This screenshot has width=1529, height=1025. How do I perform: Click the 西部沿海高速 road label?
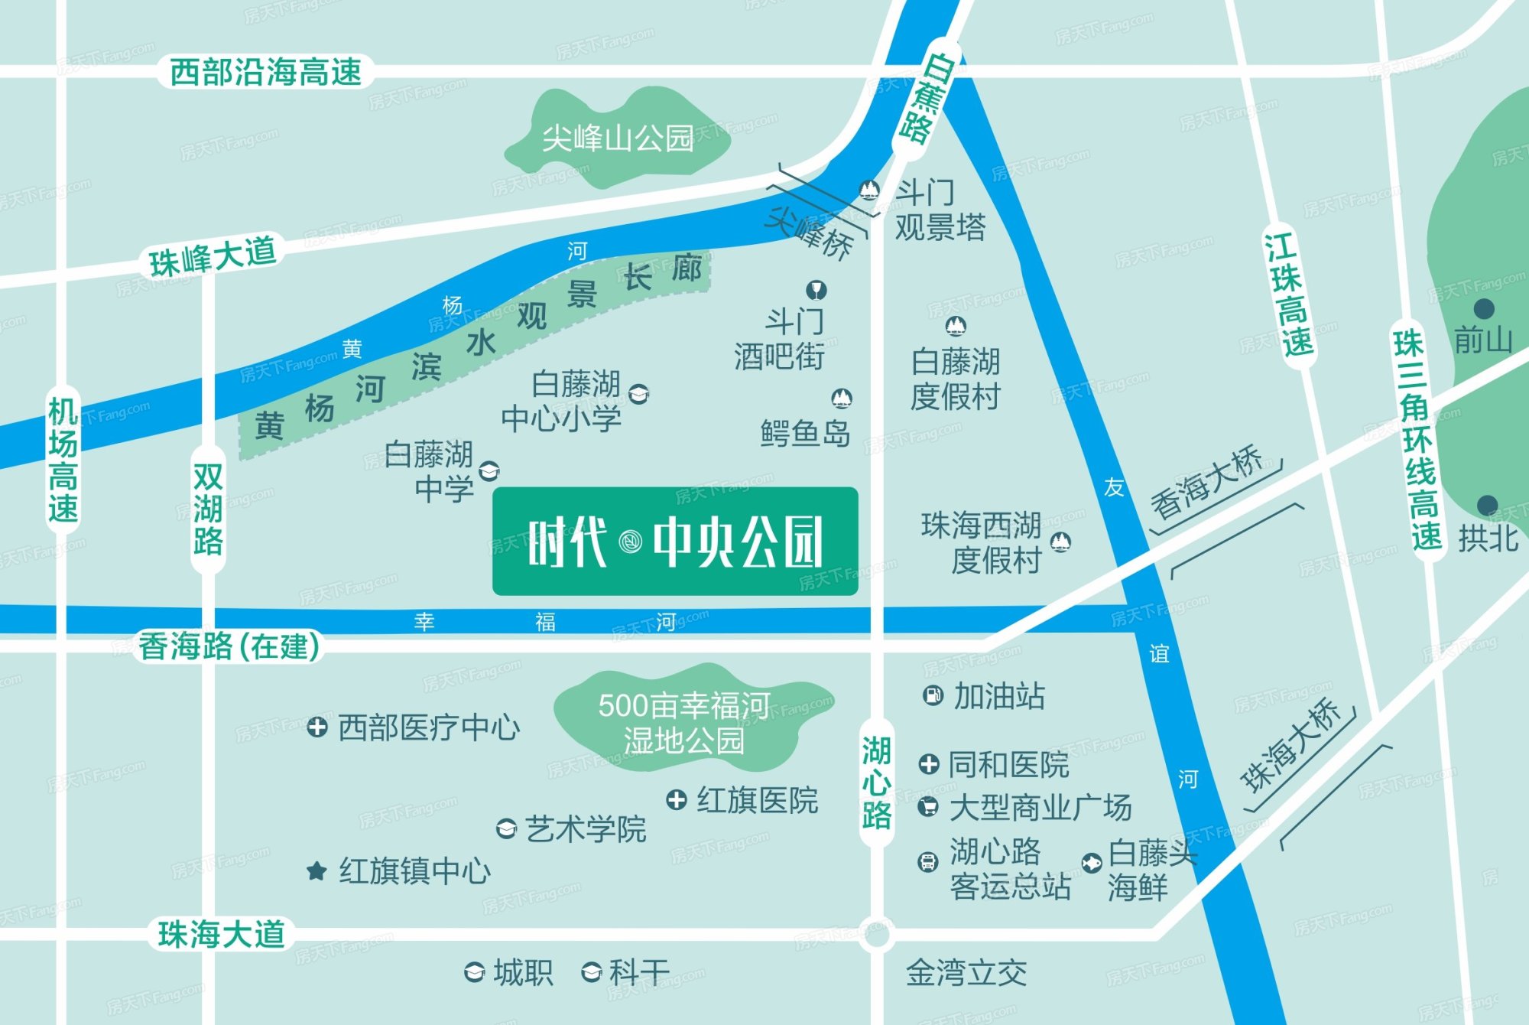click(265, 73)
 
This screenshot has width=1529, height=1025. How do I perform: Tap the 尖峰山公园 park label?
click(618, 138)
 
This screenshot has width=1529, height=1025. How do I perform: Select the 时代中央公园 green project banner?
click(675, 542)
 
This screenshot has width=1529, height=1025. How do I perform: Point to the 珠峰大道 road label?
click(213, 256)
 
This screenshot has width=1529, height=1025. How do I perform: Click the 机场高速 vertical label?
click(63, 460)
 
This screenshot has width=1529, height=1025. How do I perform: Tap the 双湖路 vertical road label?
click(208, 509)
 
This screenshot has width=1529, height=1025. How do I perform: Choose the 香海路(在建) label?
click(229, 646)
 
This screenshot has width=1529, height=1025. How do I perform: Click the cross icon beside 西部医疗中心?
click(317, 727)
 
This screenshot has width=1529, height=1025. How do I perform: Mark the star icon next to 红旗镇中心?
click(317, 870)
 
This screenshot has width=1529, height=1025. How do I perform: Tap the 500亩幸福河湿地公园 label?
click(683, 722)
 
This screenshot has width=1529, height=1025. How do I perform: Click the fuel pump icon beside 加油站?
click(933, 695)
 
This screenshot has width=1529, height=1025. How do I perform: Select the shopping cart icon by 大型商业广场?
click(927, 806)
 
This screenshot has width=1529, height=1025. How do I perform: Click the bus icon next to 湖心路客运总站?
click(927, 862)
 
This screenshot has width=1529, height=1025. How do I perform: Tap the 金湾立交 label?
click(966, 973)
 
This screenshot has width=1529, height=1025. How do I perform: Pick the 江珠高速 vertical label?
click(1289, 295)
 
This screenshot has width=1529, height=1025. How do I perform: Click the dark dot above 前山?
click(1484, 309)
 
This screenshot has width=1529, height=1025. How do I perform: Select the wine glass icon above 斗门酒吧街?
click(816, 290)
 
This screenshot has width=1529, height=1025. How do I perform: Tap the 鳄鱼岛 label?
click(805, 433)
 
